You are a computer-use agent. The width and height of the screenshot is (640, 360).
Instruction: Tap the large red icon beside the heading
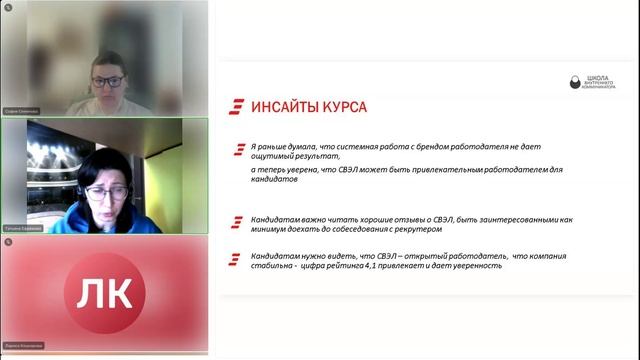pyautogui.click(x=236, y=106)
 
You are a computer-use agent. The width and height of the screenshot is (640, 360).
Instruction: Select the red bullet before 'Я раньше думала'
pyautogui.click(x=237, y=149)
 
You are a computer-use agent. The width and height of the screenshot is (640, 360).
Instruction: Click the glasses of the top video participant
pyautogui.click(x=107, y=81)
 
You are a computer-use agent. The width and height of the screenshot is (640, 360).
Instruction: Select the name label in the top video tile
pyautogui.click(x=21, y=111)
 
